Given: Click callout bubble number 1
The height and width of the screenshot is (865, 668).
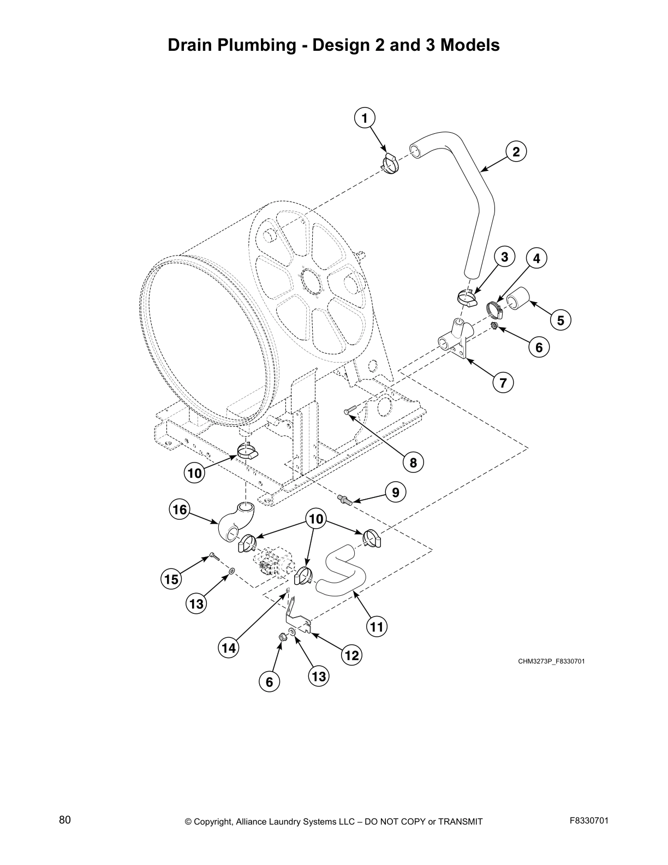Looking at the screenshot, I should tap(365, 117).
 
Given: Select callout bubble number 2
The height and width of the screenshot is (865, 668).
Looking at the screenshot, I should tap(516, 152).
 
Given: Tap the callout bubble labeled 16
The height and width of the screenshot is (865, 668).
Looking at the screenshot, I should tap(179, 509).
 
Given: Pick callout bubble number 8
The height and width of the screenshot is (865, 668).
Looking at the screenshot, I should tap(413, 463).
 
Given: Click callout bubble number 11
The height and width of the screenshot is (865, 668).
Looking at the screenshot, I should tap(377, 626).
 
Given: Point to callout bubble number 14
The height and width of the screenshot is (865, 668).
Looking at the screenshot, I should tap(229, 648).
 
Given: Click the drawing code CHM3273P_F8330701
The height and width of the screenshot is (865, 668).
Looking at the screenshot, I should tap(551, 661).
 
